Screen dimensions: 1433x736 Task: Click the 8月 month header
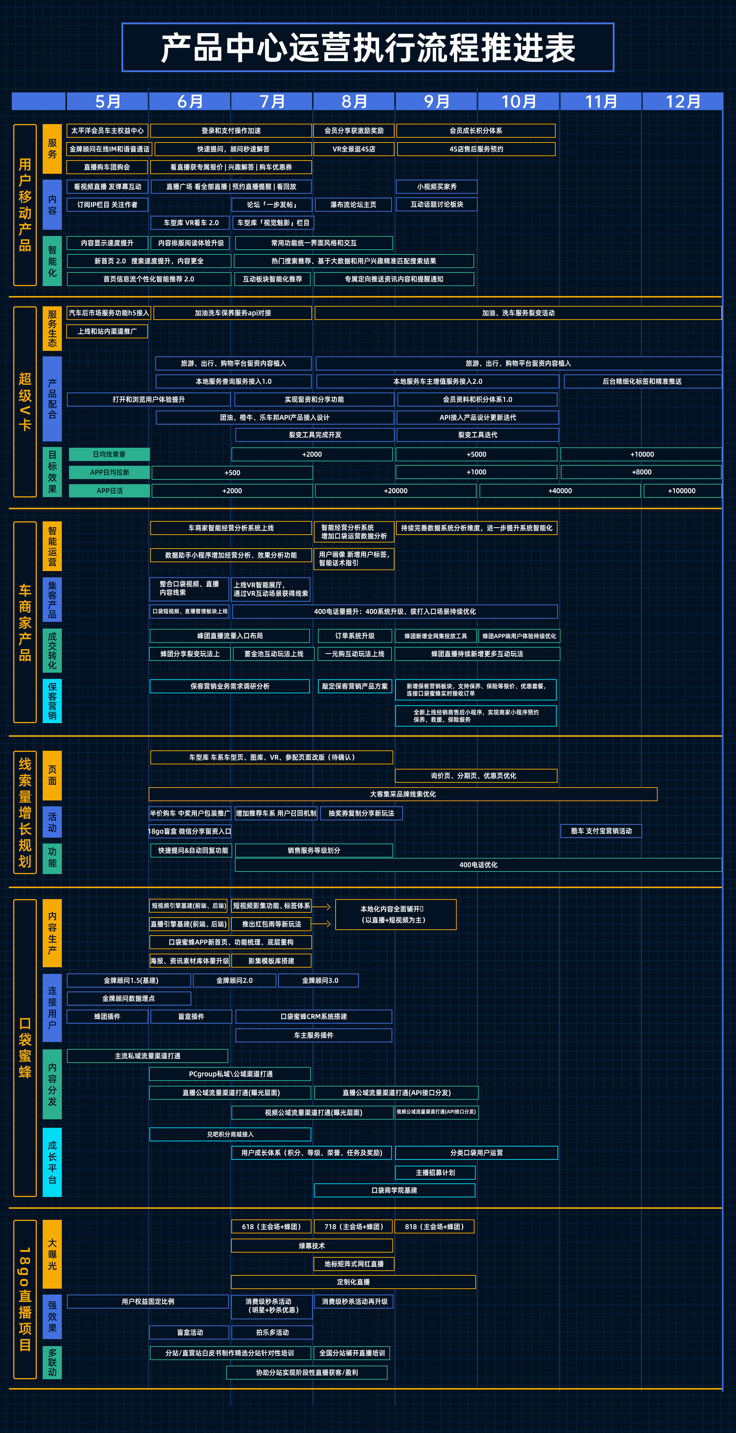coord(354,101)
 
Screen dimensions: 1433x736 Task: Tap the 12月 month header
coord(683,101)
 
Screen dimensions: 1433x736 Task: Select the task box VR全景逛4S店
coord(354,149)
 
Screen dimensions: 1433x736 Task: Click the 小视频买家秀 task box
coord(436,186)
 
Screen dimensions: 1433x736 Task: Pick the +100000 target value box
coord(682,491)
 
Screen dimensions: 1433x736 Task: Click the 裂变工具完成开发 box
coord(315,435)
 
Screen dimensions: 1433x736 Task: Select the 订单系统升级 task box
coord(355,636)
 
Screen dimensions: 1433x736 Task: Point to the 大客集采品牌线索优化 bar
coord(403,794)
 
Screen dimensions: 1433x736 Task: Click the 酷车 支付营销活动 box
coord(601,831)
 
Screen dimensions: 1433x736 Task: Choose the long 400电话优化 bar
coord(478,865)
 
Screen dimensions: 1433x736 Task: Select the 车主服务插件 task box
coord(314,1035)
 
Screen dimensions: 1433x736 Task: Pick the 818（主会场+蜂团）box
coord(434,1226)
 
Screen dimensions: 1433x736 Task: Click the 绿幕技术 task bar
coord(312,1246)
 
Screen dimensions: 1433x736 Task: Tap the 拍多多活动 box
coord(272,1332)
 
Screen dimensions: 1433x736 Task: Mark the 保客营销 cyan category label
coord(52,701)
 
